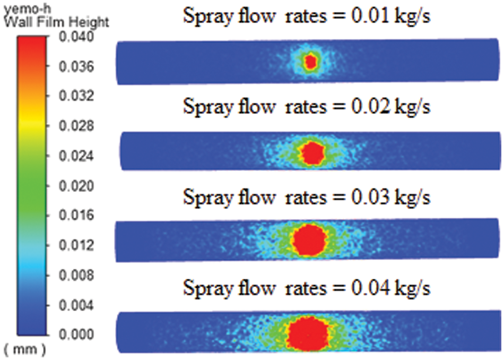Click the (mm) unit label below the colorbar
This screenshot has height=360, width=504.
click(x=25, y=350)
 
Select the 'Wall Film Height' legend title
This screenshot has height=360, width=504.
click(x=55, y=22)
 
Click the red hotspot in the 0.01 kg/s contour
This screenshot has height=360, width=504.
click(x=311, y=62)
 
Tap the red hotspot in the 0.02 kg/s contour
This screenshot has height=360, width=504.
click(x=312, y=153)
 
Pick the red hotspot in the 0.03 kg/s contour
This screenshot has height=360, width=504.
click(x=310, y=241)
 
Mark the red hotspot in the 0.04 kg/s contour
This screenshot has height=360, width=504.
click(x=309, y=332)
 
